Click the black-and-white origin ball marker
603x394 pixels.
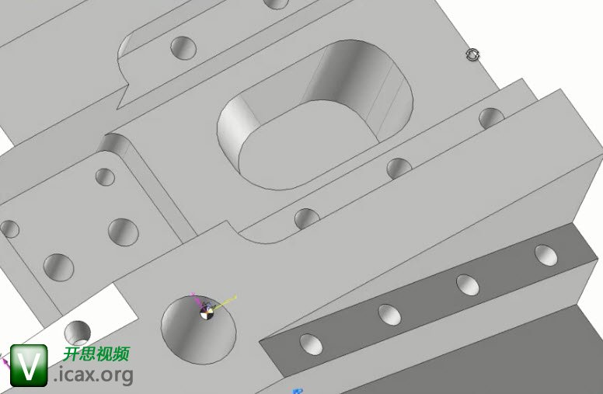coord(207,313)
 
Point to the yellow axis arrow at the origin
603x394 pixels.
coord(225,302)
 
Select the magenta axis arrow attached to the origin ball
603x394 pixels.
coord(197,299)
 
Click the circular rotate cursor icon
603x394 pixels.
coord(472,54)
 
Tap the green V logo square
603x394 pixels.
coord(29,365)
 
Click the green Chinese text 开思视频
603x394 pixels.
coord(96,354)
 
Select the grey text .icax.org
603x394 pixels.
coord(93,375)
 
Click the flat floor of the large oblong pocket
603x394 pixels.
coord(304,146)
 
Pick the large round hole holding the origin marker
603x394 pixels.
coord(198,329)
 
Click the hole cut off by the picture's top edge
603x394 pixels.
coord(276,3)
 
